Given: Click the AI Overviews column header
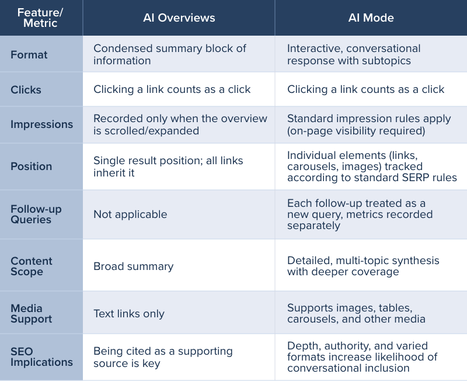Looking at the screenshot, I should pos(179,18).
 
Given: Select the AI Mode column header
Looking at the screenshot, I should pos(371,18).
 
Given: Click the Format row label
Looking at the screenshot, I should pos(29,54).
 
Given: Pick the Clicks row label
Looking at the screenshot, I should pos(26,89).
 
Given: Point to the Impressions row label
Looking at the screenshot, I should pos(42,124).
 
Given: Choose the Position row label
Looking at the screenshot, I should pos(31,166).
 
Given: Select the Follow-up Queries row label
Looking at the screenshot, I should pos(36,214).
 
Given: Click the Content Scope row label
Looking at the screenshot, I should pos(32,266).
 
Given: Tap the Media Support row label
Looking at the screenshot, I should pos(32,313).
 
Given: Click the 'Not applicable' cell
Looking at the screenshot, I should pos(130,214).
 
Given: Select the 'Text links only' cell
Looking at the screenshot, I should pos(129,314).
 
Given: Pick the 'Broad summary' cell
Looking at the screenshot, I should pos(134,266).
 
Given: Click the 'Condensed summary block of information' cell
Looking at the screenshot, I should pos(170,54).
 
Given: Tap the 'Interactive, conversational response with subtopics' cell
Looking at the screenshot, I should pos(353,54).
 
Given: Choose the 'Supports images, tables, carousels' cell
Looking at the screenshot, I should pos(356,313).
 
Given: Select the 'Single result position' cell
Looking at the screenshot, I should pos(168,166).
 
